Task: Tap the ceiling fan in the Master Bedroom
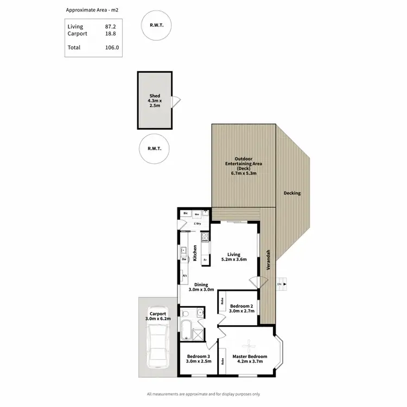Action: (249, 343)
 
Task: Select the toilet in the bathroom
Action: (186, 313)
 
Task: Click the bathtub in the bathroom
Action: (185, 332)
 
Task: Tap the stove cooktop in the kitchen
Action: (205, 237)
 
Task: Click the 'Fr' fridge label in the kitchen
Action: (205, 260)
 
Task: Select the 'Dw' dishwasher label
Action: (185, 259)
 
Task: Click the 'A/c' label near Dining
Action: (185, 276)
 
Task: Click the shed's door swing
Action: (175, 101)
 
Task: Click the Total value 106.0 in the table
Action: (112, 48)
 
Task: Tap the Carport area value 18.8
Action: (111, 33)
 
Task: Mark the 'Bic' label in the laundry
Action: (186, 214)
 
